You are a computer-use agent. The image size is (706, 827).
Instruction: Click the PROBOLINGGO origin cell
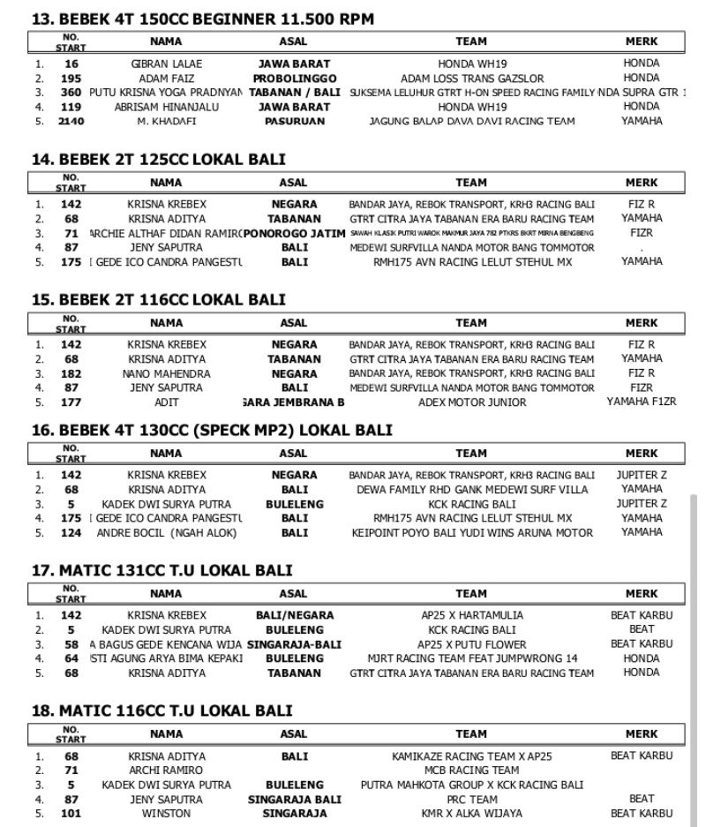click(x=294, y=79)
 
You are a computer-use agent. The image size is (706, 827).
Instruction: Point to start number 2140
click(x=71, y=121)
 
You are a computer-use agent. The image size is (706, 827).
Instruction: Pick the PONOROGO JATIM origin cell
click(x=293, y=234)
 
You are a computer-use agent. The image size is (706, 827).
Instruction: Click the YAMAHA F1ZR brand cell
click(x=641, y=402)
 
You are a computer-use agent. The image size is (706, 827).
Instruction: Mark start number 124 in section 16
click(x=71, y=532)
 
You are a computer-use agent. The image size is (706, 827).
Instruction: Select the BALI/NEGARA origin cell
click(x=294, y=616)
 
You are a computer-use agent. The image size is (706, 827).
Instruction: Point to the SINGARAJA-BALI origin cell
click(x=294, y=644)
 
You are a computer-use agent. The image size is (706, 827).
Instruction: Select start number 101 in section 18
click(x=71, y=813)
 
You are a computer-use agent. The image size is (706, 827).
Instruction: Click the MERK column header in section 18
click(x=641, y=733)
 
